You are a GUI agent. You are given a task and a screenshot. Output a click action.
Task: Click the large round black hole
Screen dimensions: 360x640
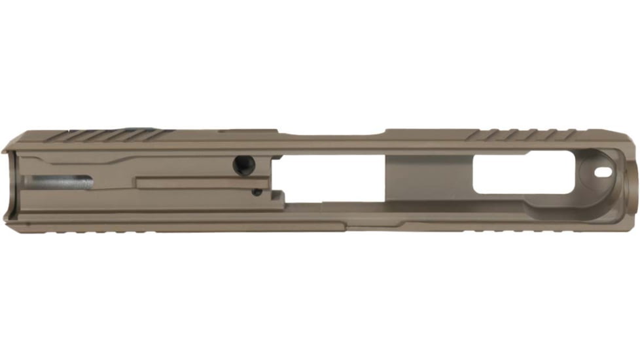(x=243, y=165)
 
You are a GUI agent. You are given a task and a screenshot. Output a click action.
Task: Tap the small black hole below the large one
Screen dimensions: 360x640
(x=257, y=192)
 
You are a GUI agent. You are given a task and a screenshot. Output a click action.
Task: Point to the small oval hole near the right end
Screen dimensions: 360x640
(x=603, y=173)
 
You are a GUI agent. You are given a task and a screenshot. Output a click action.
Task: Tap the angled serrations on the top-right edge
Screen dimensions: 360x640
(x=520, y=135)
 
